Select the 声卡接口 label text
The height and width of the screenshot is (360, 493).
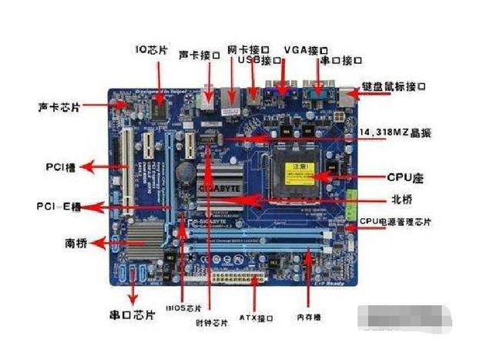tap(200, 55)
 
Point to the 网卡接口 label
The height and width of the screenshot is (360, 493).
tap(247, 48)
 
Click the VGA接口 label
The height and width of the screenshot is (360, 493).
tap(303, 49)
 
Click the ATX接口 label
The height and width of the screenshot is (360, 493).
tap(255, 316)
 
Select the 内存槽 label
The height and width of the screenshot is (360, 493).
tap(313, 316)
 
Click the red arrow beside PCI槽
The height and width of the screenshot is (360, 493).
tap(99, 166)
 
